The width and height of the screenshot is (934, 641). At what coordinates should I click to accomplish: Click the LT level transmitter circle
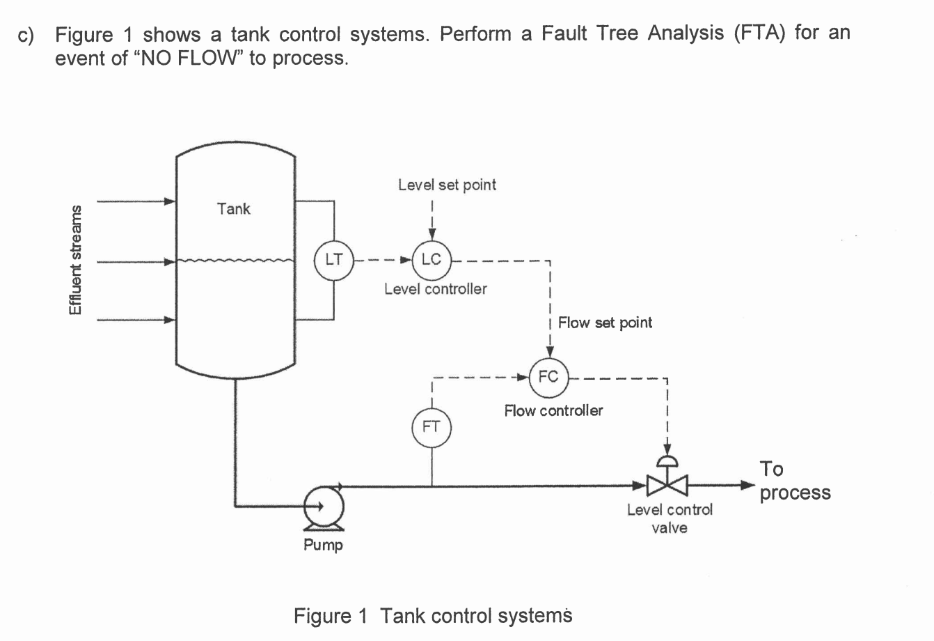point(335,260)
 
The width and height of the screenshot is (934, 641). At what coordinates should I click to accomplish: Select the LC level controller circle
point(432,260)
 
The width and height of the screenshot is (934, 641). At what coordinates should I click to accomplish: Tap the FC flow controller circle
point(548,377)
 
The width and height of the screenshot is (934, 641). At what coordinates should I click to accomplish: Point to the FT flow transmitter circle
point(432,426)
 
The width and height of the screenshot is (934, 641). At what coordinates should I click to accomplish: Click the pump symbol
point(322,506)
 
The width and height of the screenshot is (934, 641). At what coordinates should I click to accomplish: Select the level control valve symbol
point(667,482)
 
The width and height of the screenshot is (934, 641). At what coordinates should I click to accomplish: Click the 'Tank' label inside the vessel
point(233,208)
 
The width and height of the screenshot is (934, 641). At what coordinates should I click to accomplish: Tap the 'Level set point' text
point(447,185)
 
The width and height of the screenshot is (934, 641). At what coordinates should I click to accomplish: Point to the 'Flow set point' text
point(605,323)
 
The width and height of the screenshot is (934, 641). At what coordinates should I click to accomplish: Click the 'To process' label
point(794,481)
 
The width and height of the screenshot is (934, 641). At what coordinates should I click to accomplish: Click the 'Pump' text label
point(323,545)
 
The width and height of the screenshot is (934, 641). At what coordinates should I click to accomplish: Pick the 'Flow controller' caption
point(553,410)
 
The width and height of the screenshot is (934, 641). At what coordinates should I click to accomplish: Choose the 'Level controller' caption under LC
point(436,288)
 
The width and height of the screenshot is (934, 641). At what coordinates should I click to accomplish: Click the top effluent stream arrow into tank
point(136,202)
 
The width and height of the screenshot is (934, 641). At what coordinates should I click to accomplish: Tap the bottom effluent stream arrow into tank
point(136,320)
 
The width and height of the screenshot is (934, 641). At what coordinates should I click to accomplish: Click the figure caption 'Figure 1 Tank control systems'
point(432,616)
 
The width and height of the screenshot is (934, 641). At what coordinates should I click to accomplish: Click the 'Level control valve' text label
point(670,518)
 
